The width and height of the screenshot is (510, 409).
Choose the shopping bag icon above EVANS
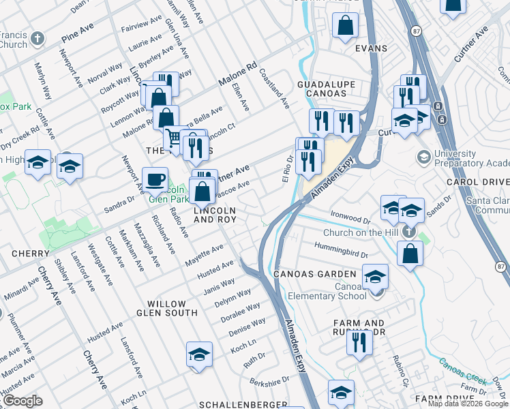click(346, 27)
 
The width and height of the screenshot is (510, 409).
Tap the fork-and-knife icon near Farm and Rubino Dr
click(359, 343)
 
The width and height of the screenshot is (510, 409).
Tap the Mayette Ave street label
click(205, 256)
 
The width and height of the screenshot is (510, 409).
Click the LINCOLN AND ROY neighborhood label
click(215, 215)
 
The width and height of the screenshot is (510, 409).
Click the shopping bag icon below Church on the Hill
click(410, 254)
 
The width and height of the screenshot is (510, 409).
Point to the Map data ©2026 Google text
click(468, 404)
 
